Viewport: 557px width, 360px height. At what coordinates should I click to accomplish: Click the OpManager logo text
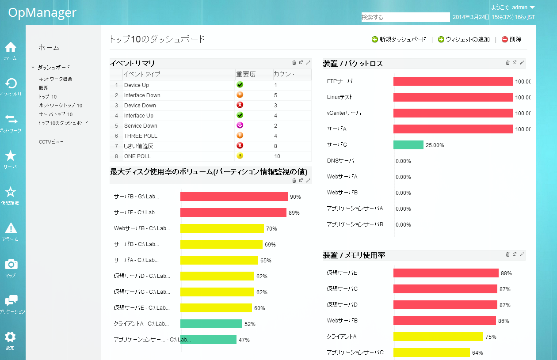(x=42, y=12)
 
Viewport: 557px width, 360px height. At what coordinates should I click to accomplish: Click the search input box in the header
(x=405, y=17)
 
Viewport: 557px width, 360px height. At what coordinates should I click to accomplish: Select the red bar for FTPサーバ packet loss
(x=453, y=81)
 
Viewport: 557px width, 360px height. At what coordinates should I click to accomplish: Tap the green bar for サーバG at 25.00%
(x=408, y=145)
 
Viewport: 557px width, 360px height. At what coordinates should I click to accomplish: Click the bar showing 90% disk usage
(x=234, y=197)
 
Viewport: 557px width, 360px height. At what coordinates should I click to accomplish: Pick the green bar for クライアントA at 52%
(x=211, y=324)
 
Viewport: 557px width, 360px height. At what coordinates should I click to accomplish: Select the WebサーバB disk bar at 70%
(x=222, y=228)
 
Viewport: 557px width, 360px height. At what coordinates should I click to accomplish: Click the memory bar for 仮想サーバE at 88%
(x=446, y=273)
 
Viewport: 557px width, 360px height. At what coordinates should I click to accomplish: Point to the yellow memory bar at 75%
(x=438, y=337)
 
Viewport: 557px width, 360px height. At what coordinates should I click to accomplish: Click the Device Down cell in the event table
(x=140, y=106)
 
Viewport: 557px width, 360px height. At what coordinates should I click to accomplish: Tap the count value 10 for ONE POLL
(x=277, y=156)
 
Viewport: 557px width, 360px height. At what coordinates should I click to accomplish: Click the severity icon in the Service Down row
(x=240, y=125)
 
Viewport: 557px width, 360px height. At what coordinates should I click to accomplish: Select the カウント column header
(x=284, y=74)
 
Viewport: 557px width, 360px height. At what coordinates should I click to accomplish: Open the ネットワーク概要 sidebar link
(x=55, y=79)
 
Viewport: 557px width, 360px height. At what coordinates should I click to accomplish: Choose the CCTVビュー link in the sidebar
(x=51, y=142)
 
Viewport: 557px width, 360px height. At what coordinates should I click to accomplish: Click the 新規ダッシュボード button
(x=399, y=39)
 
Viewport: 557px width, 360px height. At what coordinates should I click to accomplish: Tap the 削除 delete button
(x=511, y=39)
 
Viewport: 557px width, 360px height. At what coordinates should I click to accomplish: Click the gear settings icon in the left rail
(x=10, y=337)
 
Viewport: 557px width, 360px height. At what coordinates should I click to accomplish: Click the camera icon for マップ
(x=11, y=264)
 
